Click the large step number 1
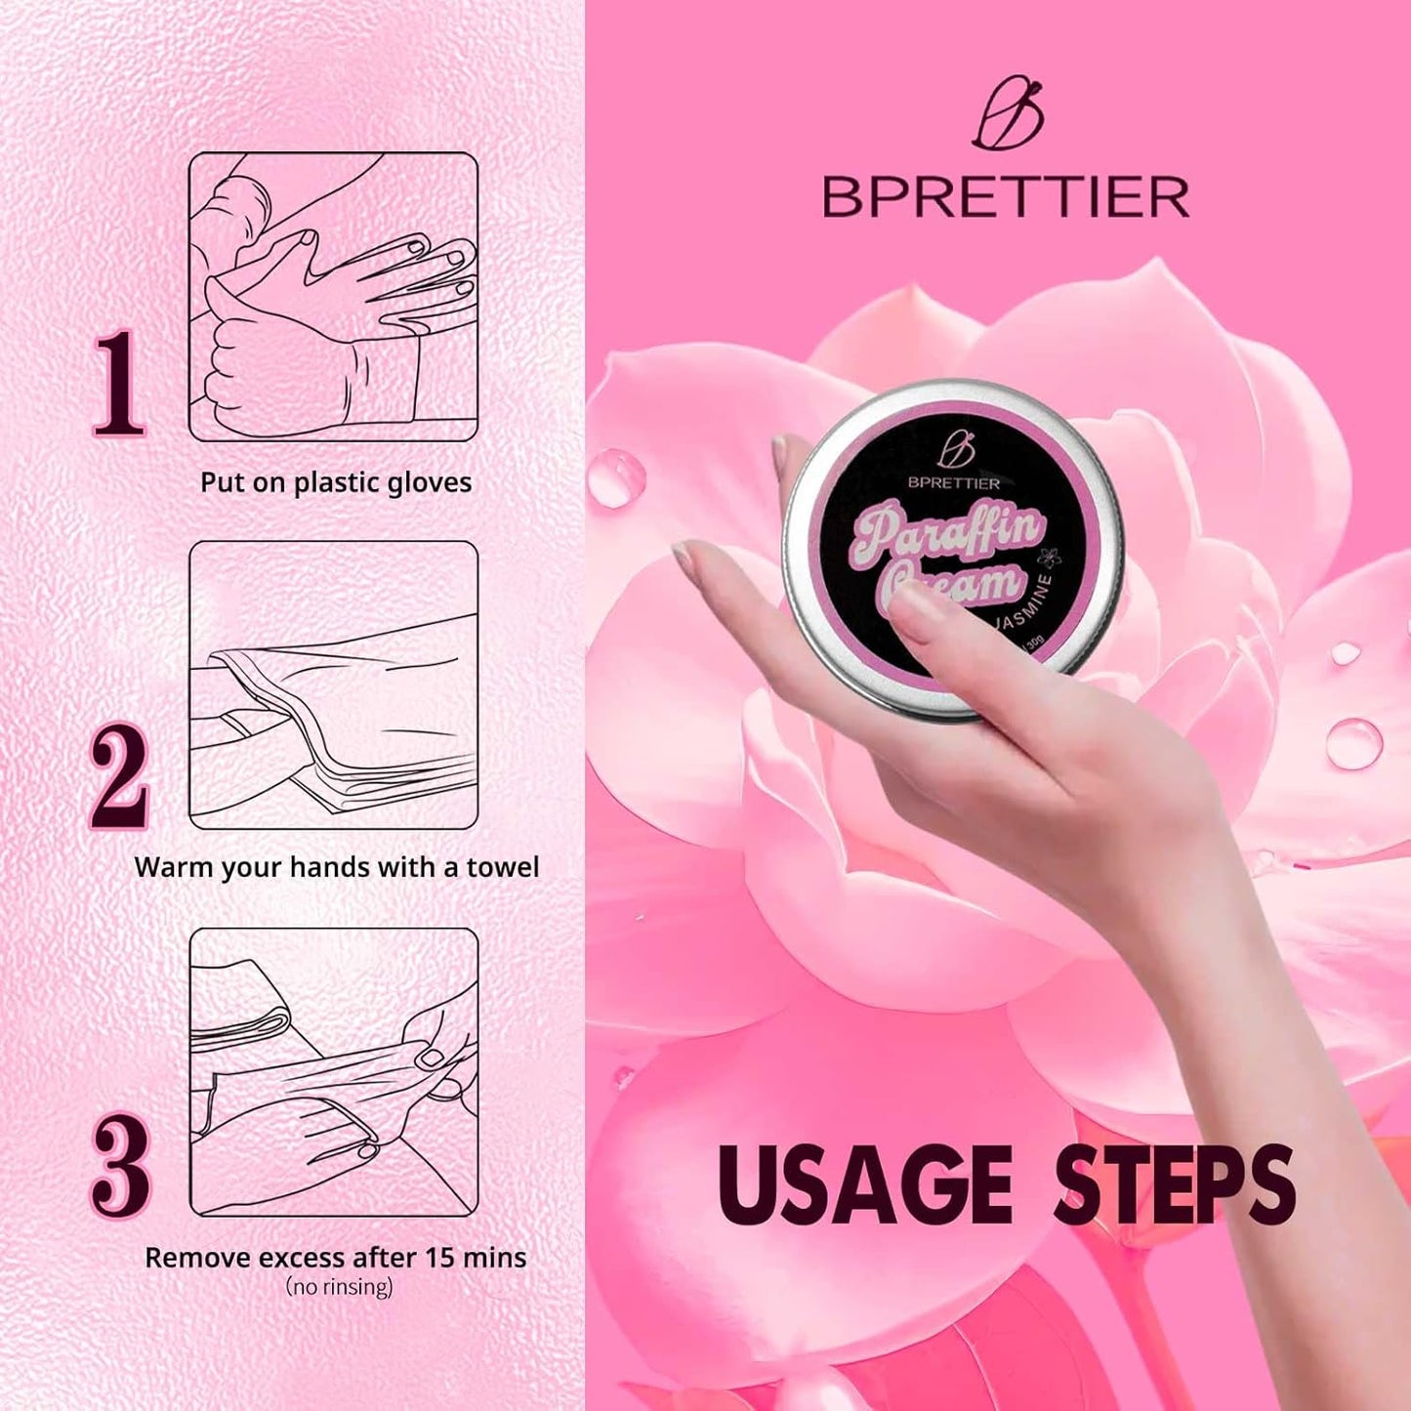[x=119, y=383]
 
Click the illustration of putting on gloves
[x=333, y=297]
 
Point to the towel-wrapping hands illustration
[x=333, y=685]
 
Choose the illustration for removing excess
[x=333, y=1071]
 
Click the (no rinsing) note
[x=339, y=1287]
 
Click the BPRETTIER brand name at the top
[x=1006, y=197]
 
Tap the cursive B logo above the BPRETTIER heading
[x=1008, y=117]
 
